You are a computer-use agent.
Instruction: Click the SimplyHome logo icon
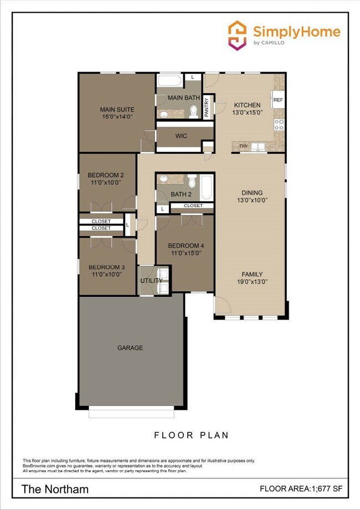pyautogui.click(x=237, y=35)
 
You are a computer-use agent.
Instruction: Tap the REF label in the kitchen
pyautogui.click(x=278, y=100)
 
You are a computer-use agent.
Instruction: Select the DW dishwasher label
pyautogui.click(x=243, y=146)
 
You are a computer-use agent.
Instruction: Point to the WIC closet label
pyautogui.click(x=181, y=135)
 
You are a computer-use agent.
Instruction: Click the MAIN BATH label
pyautogui.click(x=179, y=98)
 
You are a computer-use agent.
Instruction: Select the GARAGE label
pyautogui.click(x=130, y=348)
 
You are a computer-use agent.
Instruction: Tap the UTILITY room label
pyautogui.click(x=151, y=281)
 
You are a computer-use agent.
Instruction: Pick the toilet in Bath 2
pyautogui.click(x=192, y=181)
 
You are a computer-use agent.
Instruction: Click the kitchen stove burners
pyautogui.click(x=280, y=125)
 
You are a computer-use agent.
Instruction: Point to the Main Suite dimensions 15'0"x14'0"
pyautogui.click(x=117, y=117)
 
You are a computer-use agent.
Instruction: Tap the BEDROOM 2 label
pyautogui.click(x=105, y=175)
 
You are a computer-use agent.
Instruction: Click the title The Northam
pyautogui.click(x=55, y=489)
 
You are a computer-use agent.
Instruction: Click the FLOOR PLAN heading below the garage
pyautogui.click(x=191, y=435)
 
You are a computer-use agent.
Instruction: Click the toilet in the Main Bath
pyautogui.click(x=193, y=112)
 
